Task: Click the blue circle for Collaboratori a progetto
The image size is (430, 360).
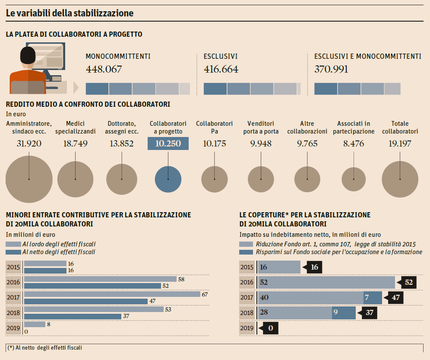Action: pos(168,179)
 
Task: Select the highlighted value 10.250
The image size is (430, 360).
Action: pos(168,143)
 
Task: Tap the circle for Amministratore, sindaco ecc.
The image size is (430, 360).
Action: pos(28,179)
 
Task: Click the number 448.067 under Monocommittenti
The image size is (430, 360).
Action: pos(104,69)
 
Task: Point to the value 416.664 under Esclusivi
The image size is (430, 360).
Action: pos(221,69)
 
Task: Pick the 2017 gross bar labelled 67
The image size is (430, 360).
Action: pos(112,294)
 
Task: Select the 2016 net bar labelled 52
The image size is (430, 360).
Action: pos(92,286)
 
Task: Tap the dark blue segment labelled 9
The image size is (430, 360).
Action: pos(344,312)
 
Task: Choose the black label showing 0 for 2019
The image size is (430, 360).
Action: pos(270,328)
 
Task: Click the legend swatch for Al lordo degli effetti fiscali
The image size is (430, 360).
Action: pos(13,244)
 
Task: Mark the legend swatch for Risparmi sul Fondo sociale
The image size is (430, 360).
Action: pos(246,252)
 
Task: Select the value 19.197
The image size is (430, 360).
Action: pos(400,143)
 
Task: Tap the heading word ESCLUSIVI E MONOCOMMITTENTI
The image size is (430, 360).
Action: pos(367,57)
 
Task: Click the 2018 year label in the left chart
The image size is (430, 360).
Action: pos(13,313)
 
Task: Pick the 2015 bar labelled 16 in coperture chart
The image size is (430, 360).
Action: pos(279,267)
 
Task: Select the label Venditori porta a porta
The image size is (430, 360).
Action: pos(261,127)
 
